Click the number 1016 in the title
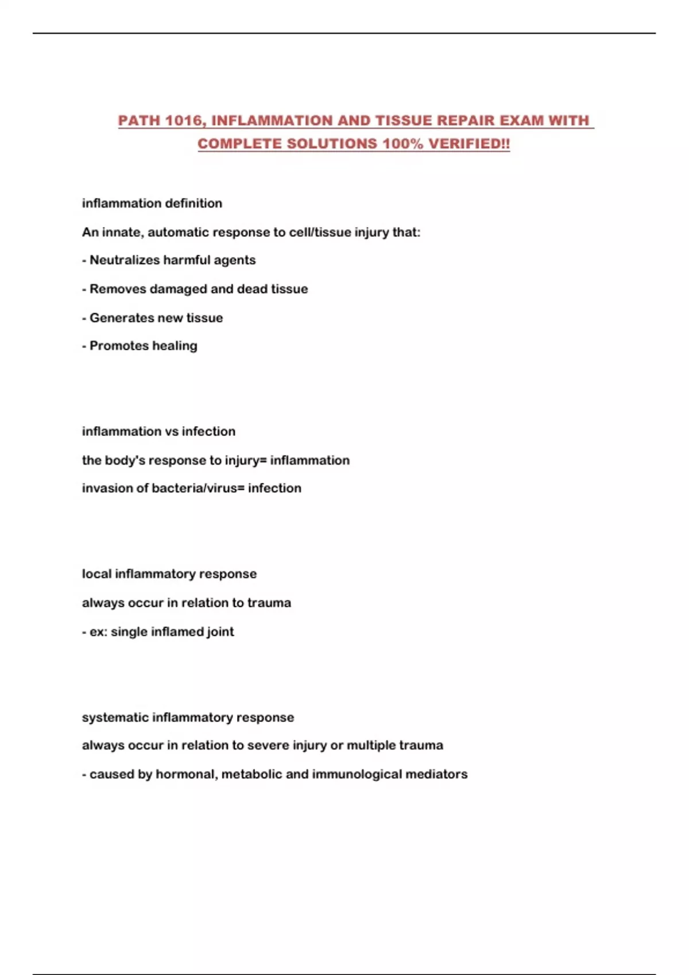(183, 121)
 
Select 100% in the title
(402, 144)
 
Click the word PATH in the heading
(138, 121)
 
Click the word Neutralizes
(125, 260)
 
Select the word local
(96, 574)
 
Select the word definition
(193, 204)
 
